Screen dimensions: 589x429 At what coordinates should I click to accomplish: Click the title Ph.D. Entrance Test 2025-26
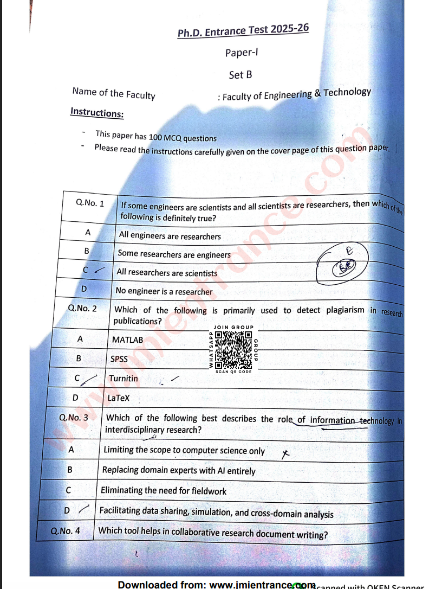(243, 30)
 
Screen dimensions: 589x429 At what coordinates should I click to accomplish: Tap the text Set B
(240, 75)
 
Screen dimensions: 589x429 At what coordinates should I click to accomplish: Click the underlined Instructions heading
(97, 112)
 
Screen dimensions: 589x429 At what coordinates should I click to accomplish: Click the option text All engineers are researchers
(170, 236)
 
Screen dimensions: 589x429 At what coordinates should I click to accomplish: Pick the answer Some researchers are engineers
(174, 254)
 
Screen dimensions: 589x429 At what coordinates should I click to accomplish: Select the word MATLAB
(128, 340)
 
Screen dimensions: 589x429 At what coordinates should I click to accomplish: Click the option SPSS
(119, 358)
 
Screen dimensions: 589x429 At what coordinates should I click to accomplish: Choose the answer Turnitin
(123, 379)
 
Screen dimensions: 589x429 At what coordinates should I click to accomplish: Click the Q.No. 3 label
(74, 418)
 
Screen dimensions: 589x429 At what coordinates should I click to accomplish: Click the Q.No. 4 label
(66, 531)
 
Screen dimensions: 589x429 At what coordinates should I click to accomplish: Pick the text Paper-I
(240, 53)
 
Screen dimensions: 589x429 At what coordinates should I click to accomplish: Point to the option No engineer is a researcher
(164, 291)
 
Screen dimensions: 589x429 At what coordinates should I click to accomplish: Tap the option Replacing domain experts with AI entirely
(179, 471)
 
